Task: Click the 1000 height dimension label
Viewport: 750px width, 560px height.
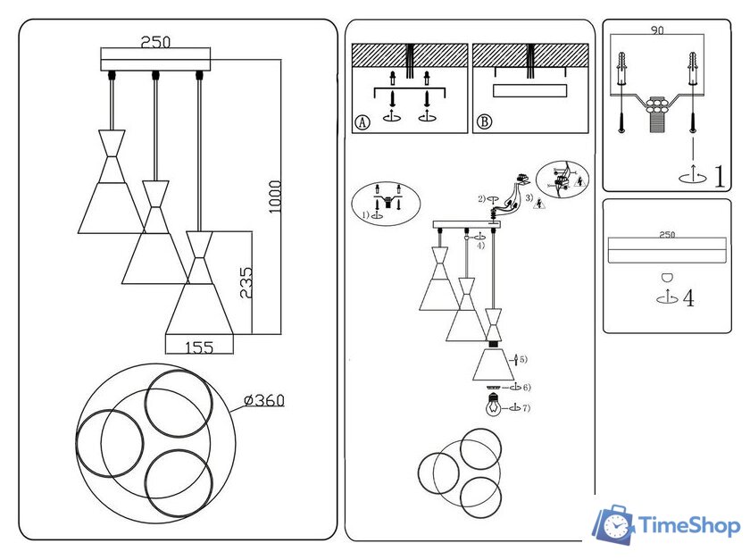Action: click(x=275, y=196)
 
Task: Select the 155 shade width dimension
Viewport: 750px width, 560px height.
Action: click(x=199, y=347)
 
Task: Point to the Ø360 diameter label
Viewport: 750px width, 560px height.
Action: click(x=263, y=401)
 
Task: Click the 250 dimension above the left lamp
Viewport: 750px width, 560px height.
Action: click(x=156, y=42)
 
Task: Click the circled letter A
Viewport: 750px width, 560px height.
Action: click(x=362, y=123)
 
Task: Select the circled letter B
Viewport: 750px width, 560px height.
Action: click(x=483, y=123)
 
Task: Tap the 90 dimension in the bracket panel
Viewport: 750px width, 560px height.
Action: click(x=657, y=31)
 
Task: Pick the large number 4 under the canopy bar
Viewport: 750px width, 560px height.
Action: click(x=687, y=297)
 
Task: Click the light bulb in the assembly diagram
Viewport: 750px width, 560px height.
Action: click(x=491, y=407)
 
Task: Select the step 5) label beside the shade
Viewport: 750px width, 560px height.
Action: click(x=522, y=359)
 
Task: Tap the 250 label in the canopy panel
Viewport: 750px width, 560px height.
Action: click(x=666, y=234)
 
